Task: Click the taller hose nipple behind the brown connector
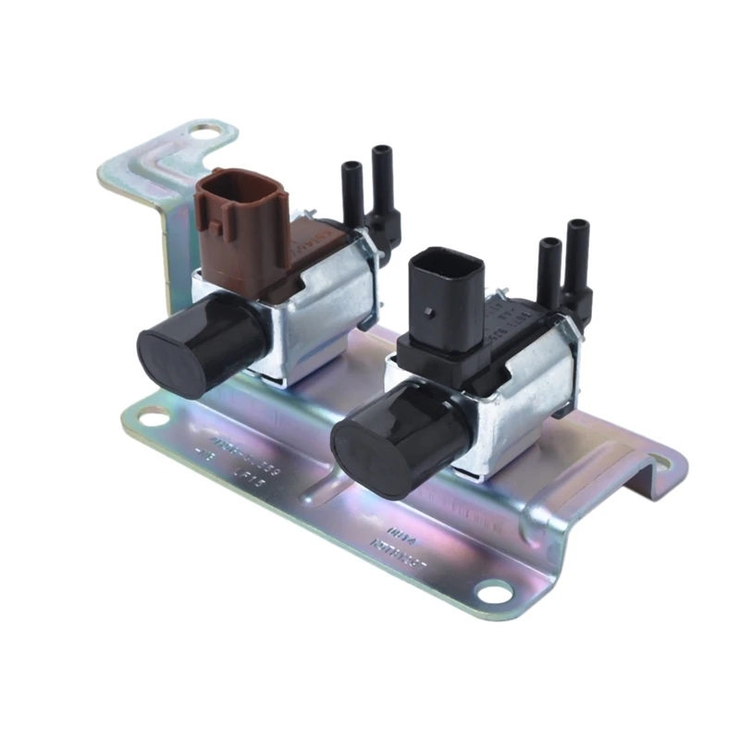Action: point(380,180)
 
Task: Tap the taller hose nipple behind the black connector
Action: point(578,254)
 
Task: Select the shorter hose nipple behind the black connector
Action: point(549,268)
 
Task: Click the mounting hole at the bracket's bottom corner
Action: point(493,591)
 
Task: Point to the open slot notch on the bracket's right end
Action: point(658,462)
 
